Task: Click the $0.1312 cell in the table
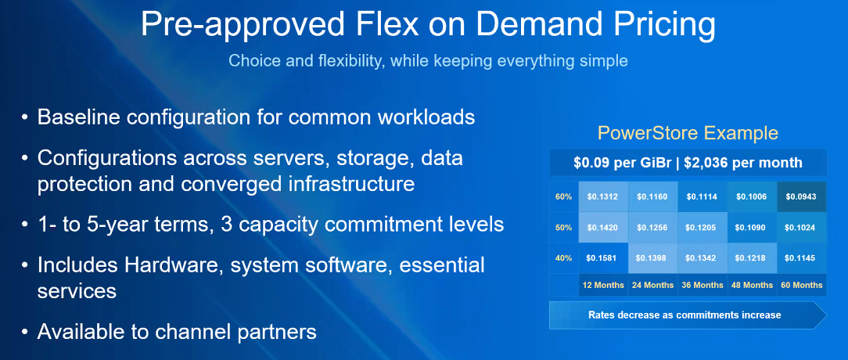(x=603, y=196)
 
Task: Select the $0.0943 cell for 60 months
(x=802, y=196)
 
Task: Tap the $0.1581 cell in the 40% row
(x=603, y=258)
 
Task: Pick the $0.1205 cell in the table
(x=702, y=228)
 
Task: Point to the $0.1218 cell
(x=752, y=258)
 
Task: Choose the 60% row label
(x=563, y=196)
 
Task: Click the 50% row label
(x=563, y=228)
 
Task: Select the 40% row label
(x=563, y=258)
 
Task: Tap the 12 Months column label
(x=603, y=285)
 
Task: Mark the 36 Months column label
(x=702, y=285)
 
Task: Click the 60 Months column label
(x=802, y=285)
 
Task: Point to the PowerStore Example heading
(x=688, y=133)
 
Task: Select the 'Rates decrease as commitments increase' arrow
(x=688, y=315)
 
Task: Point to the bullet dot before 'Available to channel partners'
(x=25, y=331)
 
